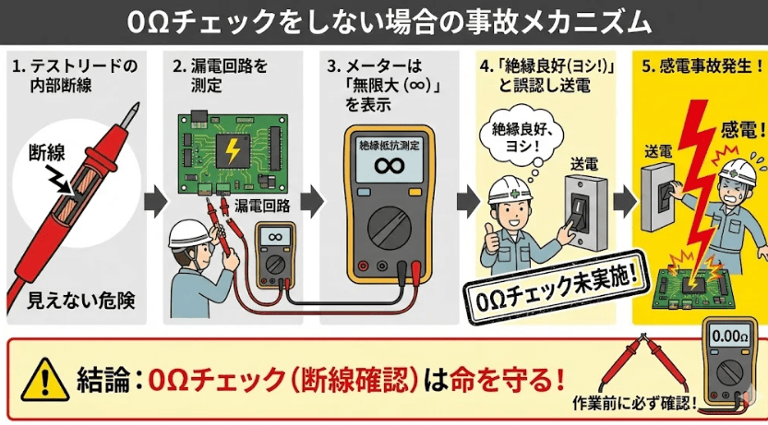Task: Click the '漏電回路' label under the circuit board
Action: point(261,205)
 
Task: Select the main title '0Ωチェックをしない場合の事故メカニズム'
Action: point(384,20)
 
